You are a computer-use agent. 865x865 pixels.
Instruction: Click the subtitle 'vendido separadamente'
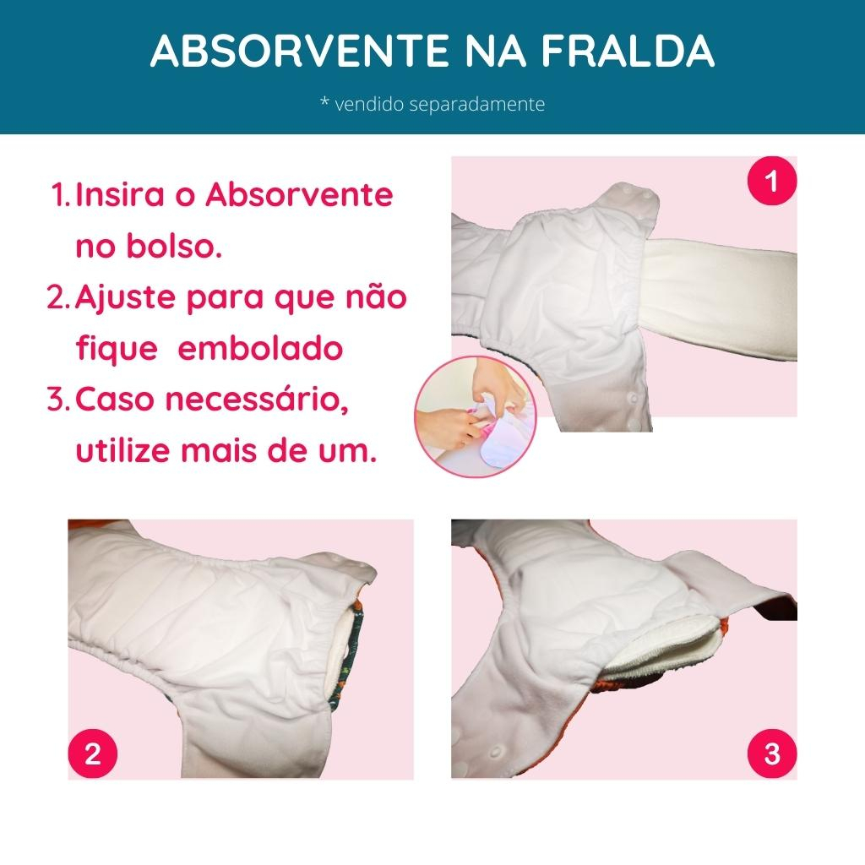439,104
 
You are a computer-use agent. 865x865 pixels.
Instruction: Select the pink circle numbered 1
772,181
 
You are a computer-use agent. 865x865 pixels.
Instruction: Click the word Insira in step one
120,194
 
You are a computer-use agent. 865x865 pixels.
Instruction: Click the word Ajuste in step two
125,298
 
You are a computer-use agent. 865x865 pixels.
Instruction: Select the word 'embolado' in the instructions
260,349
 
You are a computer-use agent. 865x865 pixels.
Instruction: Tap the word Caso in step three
114,400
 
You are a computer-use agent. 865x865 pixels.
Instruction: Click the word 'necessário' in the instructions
257,400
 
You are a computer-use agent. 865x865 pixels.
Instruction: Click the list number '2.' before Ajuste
59,298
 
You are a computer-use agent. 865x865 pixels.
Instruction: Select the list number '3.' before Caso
59,400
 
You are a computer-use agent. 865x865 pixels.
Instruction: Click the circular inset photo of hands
475,417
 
